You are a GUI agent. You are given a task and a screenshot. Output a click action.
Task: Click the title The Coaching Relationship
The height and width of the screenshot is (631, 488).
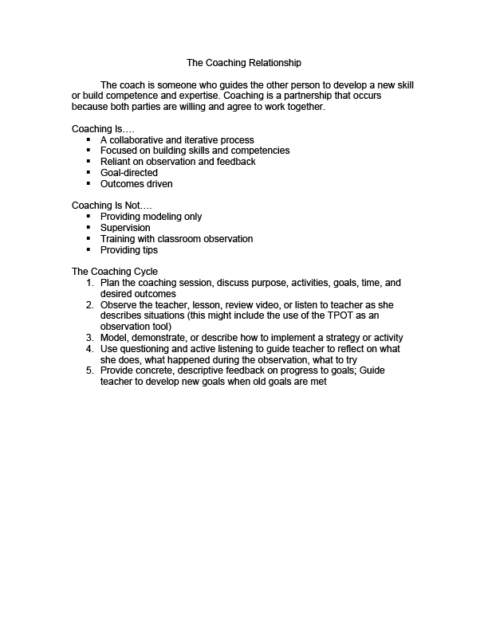(244, 61)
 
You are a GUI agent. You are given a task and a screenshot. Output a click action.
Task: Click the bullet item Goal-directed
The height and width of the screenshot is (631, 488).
(129, 173)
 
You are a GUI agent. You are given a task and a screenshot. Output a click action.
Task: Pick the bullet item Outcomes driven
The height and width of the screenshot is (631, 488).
(136, 184)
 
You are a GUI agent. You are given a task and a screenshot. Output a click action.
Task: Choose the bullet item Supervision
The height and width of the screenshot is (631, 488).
(125, 228)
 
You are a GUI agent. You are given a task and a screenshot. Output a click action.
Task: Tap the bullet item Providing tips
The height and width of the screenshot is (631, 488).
(129, 249)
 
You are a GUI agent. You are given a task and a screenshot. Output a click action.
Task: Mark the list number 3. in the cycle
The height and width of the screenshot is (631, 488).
(90, 338)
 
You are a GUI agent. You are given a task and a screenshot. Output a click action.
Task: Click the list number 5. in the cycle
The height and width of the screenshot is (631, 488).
(90, 370)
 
